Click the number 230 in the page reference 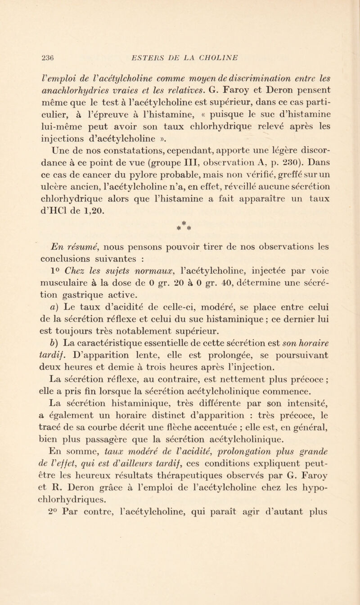click(x=265, y=147)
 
